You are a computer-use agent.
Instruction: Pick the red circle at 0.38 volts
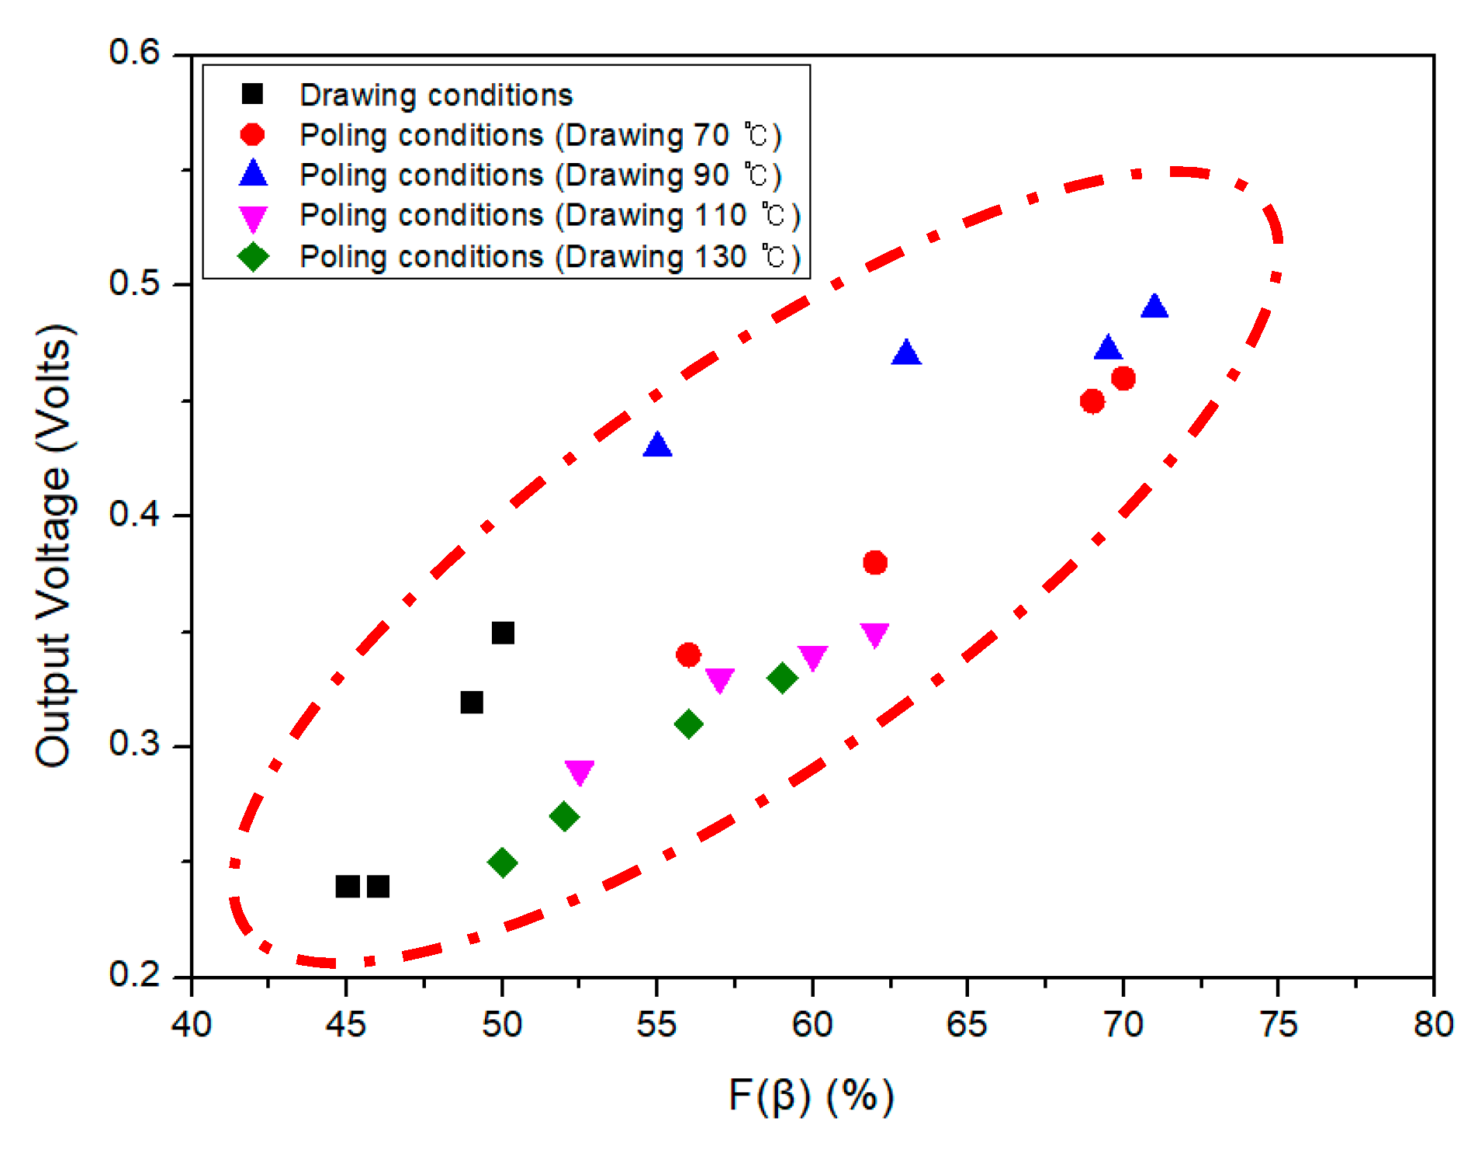[874, 562]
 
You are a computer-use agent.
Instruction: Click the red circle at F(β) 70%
[1123, 378]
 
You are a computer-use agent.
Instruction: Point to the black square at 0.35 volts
[503, 633]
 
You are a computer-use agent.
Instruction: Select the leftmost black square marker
[347, 886]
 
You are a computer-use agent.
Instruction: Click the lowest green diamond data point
[503, 863]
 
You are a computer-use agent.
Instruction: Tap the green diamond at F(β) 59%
[782, 678]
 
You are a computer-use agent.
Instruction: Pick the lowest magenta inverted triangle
[580, 771]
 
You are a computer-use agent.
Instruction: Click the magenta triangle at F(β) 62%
[874, 634]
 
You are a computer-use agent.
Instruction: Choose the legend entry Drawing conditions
[436, 95]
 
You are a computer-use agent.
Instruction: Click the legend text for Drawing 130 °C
[549, 256]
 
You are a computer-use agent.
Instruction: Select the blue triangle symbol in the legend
[253, 174]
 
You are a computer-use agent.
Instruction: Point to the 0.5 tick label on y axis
[133, 283]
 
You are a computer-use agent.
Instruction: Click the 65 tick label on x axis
[967, 1025]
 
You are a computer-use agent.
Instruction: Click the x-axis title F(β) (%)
[812, 1096]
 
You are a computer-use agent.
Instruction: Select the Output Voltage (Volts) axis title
[54, 546]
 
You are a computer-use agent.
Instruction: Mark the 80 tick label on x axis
[1432, 1025]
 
